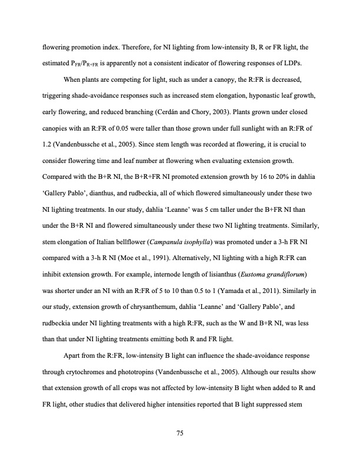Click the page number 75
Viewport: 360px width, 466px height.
[181, 433]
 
